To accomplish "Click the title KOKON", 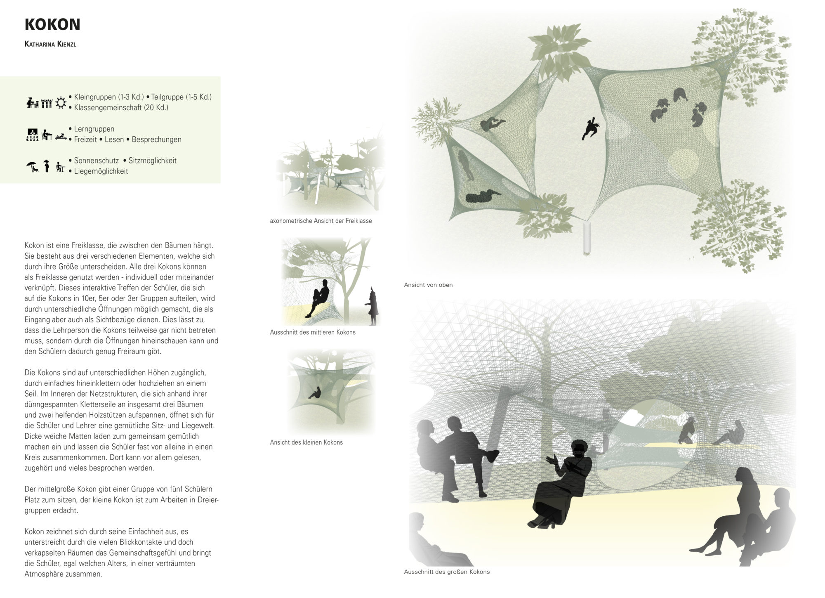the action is (52, 25).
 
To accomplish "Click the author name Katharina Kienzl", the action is (50, 44).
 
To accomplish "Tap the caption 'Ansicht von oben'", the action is (428, 285).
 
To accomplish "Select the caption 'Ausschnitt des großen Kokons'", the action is (447, 572).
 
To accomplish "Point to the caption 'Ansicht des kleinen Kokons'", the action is (306, 442).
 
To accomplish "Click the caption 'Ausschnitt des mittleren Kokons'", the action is (313, 332).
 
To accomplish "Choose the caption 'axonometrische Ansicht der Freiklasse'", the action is (321, 221).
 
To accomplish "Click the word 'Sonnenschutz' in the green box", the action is (96, 161).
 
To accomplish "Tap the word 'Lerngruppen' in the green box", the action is (94, 129).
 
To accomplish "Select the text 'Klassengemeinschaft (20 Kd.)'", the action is (121, 108).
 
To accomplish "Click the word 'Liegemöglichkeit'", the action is (101, 171).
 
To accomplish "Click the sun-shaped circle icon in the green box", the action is (61, 102).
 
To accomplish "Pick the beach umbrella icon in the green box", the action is (31, 166).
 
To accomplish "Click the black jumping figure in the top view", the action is (591, 128).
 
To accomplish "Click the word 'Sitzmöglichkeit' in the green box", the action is (152, 161).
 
